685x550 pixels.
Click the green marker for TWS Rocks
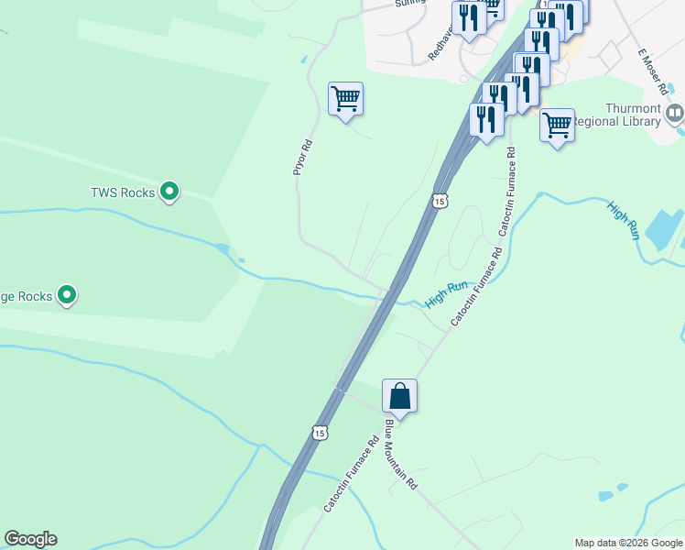coord(169,192)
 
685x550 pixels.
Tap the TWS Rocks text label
coord(122,192)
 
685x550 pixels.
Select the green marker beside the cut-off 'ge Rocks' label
coord(67,295)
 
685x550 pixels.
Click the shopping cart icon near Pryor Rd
coord(346,98)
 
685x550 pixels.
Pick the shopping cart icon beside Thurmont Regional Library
coord(557,126)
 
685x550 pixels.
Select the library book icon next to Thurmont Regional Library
coord(675,114)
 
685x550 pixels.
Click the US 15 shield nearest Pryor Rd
coord(440,200)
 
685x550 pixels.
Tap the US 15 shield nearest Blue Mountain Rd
coord(318,432)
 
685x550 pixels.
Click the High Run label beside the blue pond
coord(623,220)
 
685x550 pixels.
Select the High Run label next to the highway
coord(448,295)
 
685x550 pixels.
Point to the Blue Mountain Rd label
coord(401,455)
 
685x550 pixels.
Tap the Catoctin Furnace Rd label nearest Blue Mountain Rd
coord(352,472)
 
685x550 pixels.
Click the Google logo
coord(30,539)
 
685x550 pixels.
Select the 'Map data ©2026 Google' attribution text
coord(628,543)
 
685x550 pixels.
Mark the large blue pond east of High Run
coord(664,228)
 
